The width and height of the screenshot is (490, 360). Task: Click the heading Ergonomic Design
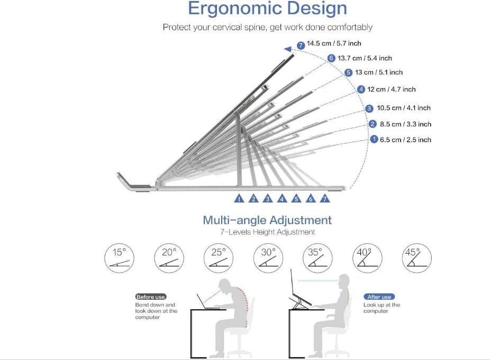(x=267, y=9)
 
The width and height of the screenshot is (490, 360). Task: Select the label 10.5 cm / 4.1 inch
(x=404, y=108)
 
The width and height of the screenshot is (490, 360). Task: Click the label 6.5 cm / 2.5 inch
(x=405, y=140)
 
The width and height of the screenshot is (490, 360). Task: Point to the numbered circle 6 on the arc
(x=332, y=58)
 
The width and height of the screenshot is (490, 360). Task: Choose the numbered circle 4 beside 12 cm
(x=361, y=89)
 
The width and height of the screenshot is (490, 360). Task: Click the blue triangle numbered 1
(x=239, y=199)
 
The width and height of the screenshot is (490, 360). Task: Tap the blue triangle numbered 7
(x=325, y=199)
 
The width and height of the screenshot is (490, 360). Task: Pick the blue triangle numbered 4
(x=282, y=199)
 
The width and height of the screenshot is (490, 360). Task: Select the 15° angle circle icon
(x=119, y=259)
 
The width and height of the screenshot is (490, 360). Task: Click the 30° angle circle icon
(x=268, y=259)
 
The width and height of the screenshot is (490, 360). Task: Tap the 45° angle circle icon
(x=417, y=259)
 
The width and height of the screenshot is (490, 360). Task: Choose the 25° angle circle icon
(x=219, y=259)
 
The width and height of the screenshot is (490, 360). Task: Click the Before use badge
(x=151, y=297)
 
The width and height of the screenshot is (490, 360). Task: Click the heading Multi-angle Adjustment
(x=267, y=220)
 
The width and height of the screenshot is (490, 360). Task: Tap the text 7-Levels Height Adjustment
(x=267, y=232)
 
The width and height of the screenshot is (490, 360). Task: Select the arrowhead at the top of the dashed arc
(x=288, y=49)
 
